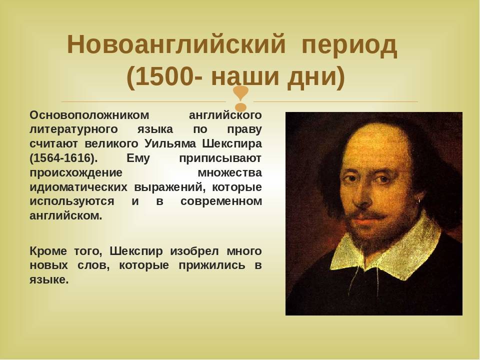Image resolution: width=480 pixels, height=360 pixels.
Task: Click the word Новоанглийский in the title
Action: coord(176,44)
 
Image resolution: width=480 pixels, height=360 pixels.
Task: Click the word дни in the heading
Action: coord(311,76)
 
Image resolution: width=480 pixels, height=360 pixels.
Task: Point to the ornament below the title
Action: coord(241,98)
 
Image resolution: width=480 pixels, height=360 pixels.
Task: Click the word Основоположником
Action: coord(89,115)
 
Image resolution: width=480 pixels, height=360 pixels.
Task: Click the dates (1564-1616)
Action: coord(63,158)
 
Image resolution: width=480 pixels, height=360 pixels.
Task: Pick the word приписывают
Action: coord(220,158)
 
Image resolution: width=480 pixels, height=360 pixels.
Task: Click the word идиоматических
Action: coord(78,187)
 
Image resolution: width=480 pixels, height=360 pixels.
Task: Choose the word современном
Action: coord(221,201)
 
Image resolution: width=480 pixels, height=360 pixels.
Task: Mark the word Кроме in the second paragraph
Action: coord(48,251)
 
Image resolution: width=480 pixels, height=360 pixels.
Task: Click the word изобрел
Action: coord(194,251)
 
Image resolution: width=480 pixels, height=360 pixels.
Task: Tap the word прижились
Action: coord(212,265)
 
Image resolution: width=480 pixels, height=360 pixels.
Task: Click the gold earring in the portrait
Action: coord(418,199)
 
